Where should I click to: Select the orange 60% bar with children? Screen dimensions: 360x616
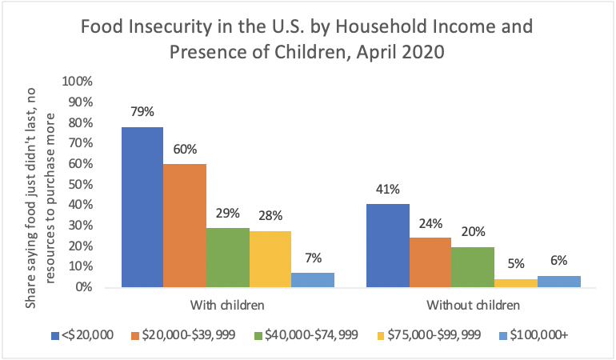pos(185,225)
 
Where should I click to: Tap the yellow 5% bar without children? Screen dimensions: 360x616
pos(516,282)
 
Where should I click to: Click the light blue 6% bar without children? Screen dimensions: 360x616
pos(558,281)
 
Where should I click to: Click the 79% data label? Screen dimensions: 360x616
pos(142,111)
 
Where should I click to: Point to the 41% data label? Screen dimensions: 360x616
pos(387,189)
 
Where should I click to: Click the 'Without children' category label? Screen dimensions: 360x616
pos(473,305)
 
